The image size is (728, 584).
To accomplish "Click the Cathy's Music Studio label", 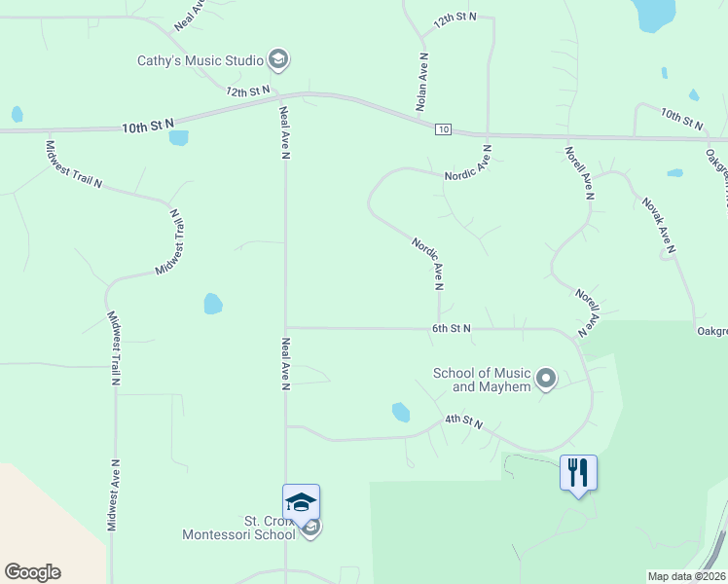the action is point(200,60).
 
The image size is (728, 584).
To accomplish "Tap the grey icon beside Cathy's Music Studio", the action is point(278,60).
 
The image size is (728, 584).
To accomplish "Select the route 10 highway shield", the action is point(443,128).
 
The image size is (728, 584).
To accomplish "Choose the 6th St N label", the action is point(452,329).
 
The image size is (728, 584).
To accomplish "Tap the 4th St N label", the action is point(464,420).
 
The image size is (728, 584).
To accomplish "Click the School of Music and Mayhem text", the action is point(482,380).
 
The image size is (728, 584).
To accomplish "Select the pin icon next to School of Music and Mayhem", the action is point(546,378).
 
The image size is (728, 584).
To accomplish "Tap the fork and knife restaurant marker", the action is point(578,473).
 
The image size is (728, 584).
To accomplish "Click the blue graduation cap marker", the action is point(301,502).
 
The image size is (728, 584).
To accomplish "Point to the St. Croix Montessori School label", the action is point(239,528).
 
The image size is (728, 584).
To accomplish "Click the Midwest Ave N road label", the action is point(113,494).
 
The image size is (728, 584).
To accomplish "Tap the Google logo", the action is point(32,572).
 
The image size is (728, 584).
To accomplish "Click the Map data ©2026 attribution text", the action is point(686,576).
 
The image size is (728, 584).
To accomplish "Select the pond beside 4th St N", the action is point(400,412).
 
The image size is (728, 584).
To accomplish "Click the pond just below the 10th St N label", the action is point(178,137).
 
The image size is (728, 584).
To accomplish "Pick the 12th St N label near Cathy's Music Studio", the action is point(247,91).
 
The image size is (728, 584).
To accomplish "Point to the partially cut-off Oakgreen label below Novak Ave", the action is point(711,332).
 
